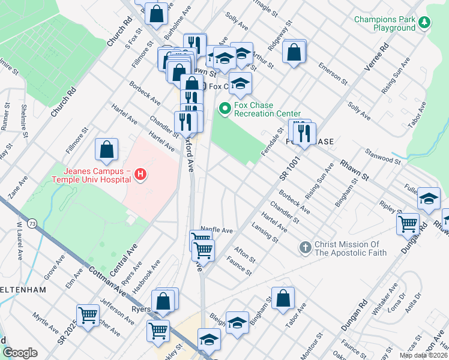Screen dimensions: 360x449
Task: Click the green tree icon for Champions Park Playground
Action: pos(425,23)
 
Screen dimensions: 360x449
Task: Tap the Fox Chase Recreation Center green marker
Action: pos(225,109)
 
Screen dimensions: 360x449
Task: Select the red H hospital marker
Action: pos(140,175)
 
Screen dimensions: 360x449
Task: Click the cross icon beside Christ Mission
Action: pos(305,247)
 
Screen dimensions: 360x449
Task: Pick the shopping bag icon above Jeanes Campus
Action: pos(106,150)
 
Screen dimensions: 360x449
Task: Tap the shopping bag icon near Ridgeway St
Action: pos(294,52)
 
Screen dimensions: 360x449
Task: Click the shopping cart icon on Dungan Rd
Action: pos(408,224)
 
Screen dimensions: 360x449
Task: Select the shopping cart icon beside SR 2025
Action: pos(88,314)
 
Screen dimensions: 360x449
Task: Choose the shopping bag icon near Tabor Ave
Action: pos(283,298)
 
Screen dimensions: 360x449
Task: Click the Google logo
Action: pos(20,353)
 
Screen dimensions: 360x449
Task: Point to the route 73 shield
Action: pos(32,223)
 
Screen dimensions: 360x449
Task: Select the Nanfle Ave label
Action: pos(216,230)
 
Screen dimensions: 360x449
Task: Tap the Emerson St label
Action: pos(333,72)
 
